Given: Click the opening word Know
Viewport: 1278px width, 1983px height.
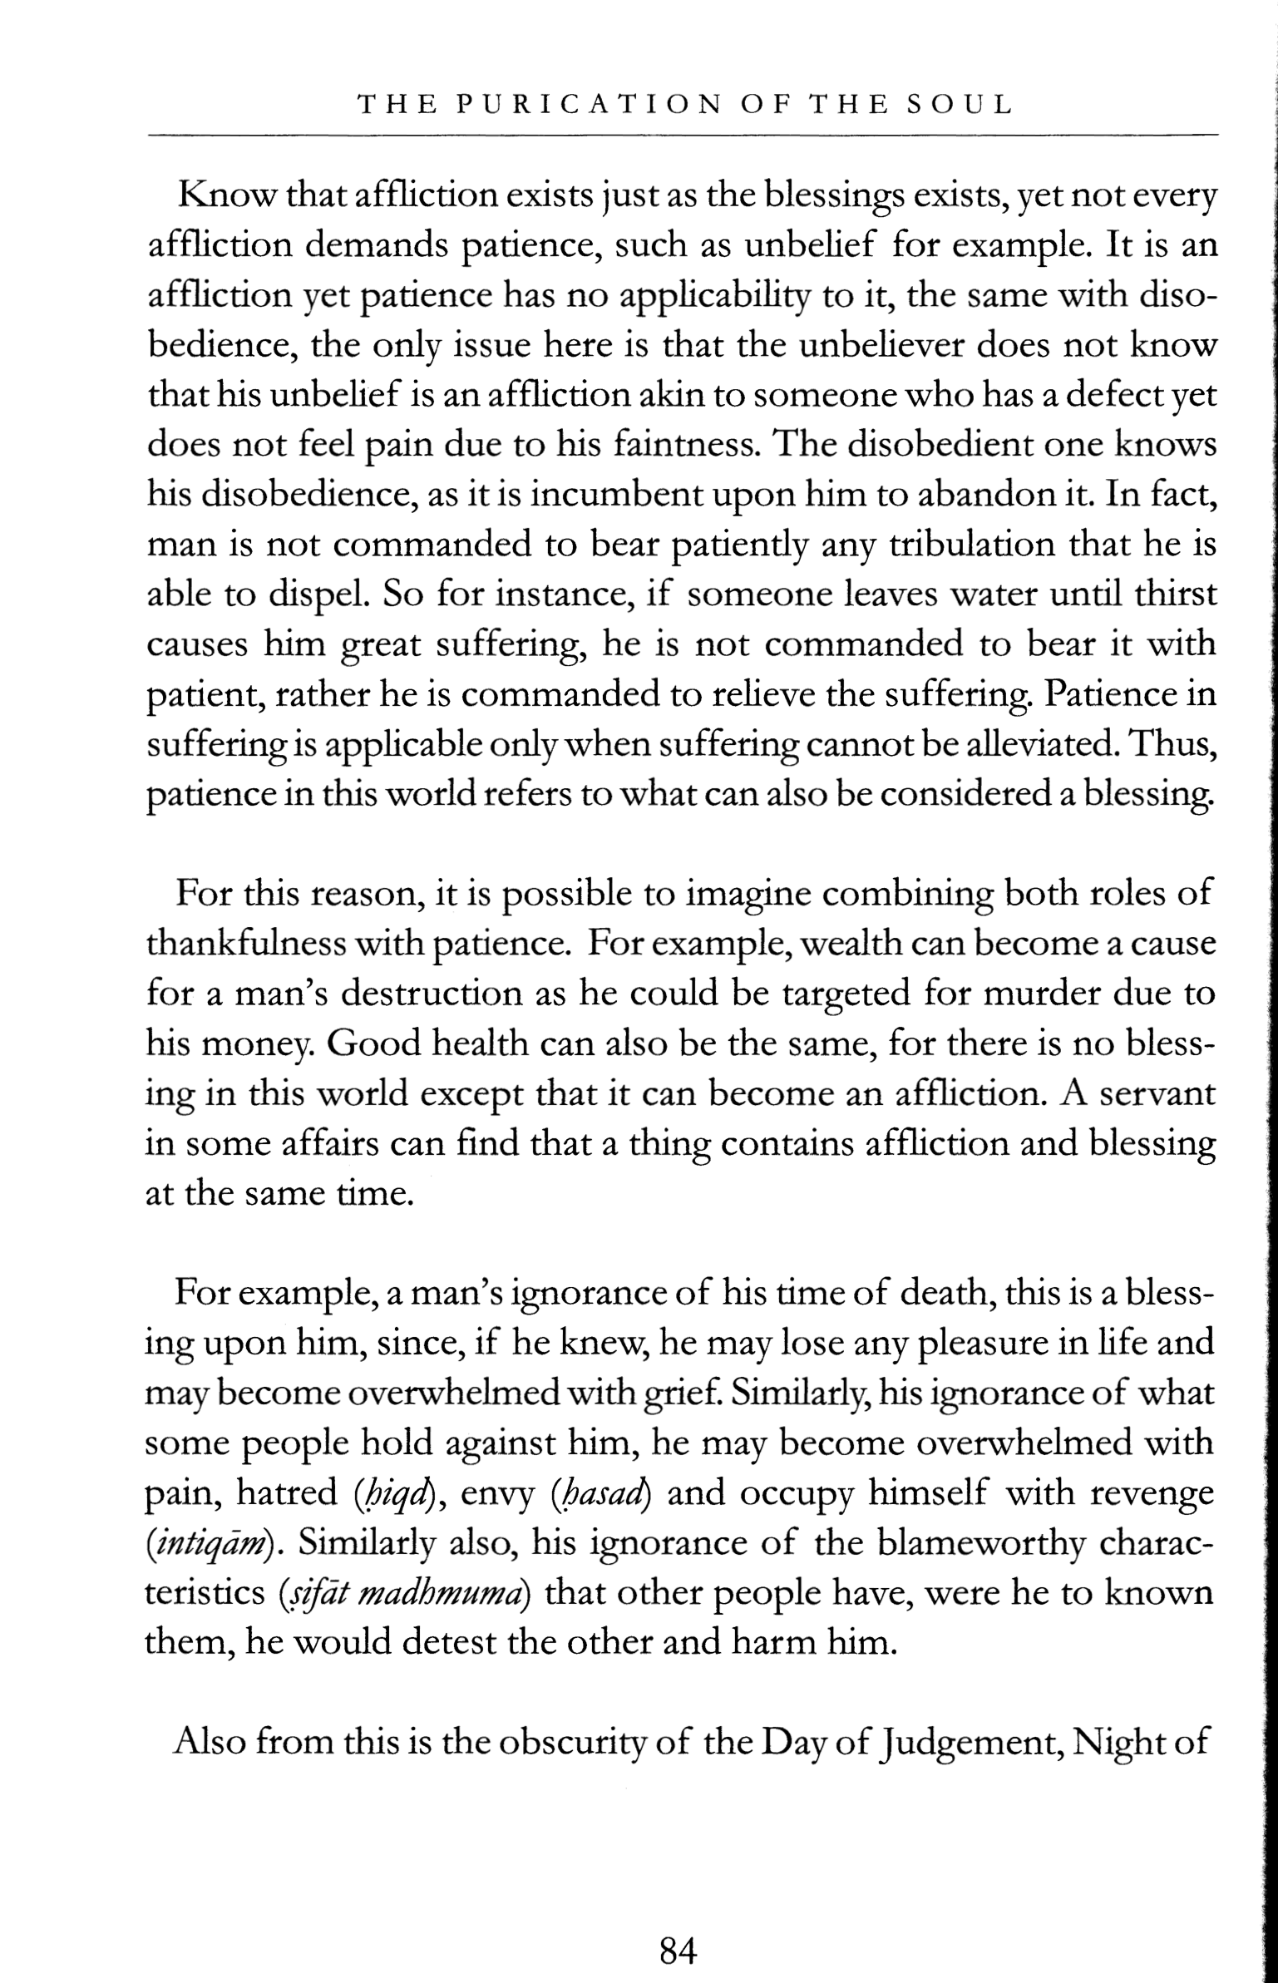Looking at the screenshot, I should (x=225, y=197).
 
